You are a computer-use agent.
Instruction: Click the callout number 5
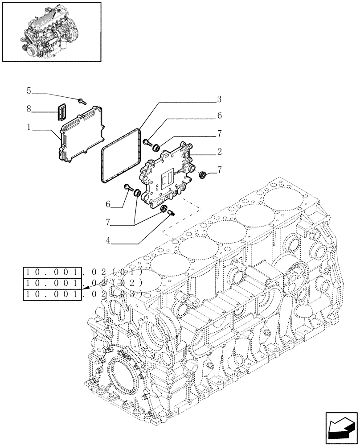[29, 91]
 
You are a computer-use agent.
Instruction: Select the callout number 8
[29, 108]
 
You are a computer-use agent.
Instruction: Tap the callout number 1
[29, 127]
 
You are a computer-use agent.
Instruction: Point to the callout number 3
[219, 99]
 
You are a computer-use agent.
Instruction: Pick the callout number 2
[219, 152]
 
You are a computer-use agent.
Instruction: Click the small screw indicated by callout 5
[82, 101]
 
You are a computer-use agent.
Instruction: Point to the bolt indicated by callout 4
[171, 215]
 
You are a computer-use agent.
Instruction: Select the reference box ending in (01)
[52, 272]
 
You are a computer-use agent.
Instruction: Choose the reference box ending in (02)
[52, 283]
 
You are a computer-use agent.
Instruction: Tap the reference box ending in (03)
[52, 294]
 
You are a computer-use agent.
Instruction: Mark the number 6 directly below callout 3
[219, 116]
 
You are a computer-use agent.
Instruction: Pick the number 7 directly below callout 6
[219, 133]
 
